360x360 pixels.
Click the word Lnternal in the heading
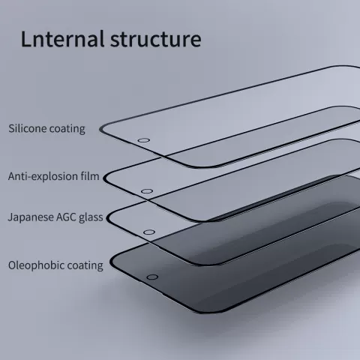[x=62, y=39]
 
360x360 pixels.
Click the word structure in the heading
[x=155, y=39]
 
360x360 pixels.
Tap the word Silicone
[x=28, y=128]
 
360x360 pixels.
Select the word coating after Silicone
[x=67, y=129]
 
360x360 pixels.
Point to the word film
[x=90, y=176]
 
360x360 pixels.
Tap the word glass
[x=91, y=217]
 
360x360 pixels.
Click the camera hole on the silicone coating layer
[x=144, y=140]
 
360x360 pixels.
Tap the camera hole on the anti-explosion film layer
[x=147, y=191]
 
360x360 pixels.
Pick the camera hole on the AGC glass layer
[x=149, y=232]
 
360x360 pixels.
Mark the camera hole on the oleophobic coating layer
[x=152, y=277]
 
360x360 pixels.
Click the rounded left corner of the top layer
[x=102, y=129]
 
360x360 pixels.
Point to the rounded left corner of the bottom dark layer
[x=112, y=262]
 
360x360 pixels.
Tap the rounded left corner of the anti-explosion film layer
[x=106, y=178]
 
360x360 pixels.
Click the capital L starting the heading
[x=25, y=39]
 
